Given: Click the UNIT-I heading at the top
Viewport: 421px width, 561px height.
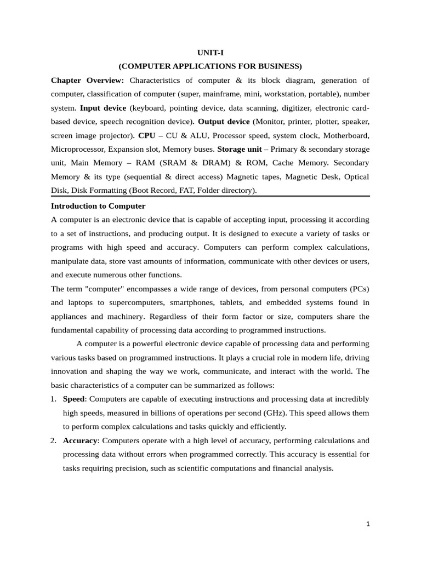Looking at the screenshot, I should (x=210, y=53).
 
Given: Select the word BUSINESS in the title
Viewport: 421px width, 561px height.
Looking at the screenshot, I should (x=277, y=66).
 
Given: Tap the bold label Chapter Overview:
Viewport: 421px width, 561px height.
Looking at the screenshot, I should (x=87, y=81).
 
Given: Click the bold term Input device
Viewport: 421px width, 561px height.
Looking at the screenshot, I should (x=103, y=108).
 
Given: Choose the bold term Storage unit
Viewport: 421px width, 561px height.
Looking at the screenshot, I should (x=238, y=149).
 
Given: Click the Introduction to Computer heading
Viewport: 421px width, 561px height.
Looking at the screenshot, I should (x=98, y=206).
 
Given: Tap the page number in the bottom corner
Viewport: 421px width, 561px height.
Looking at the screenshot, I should (x=368, y=524).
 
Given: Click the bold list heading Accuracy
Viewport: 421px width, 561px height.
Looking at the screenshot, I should (x=80, y=440).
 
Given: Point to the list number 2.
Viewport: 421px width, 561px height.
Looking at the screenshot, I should (x=54, y=440).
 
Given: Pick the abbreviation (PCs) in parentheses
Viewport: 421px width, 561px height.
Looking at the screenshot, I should (x=356, y=289).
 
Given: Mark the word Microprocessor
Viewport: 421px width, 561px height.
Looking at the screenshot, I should (x=77, y=149).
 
